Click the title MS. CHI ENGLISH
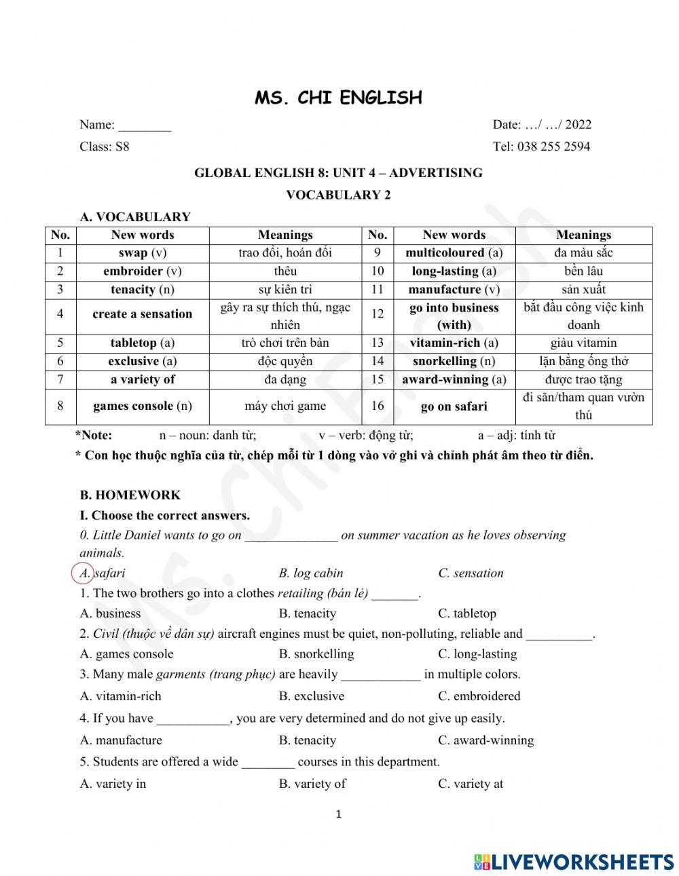pos(338,98)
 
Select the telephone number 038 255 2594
pos(553,146)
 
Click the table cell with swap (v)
pos(143,253)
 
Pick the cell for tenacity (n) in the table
pos(143,290)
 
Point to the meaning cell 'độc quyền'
pos(285,361)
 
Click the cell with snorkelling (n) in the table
pos(454,361)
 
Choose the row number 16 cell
pos(378,406)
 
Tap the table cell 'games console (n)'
pos(143,406)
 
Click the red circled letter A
pos(83,573)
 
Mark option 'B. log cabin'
pos(311,573)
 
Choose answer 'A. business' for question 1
pos(111,613)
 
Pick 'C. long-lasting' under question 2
pos(477,654)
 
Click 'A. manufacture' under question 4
pos(121,740)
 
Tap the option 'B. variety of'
pos(312,784)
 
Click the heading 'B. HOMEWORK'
pos(130,495)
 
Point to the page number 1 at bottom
pos(339,814)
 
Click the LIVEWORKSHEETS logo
pos(574,862)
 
